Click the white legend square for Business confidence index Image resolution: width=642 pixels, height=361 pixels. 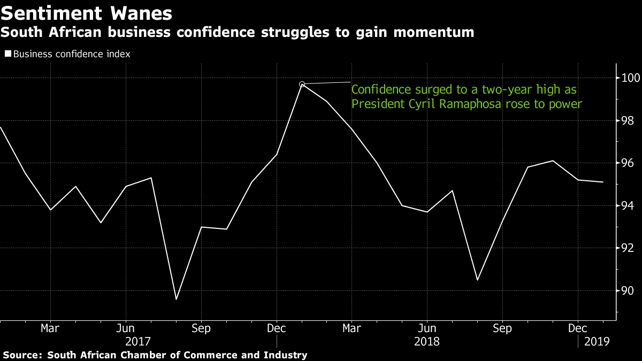[x=7, y=54]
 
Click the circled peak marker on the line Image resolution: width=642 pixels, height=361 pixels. [x=302, y=84]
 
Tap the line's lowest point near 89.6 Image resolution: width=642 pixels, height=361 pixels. [x=176, y=299]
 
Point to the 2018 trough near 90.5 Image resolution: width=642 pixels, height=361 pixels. [x=477, y=280]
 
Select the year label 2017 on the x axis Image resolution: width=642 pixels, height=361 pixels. [x=138, y=341]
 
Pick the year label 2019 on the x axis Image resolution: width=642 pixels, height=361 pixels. [x=596, y=341]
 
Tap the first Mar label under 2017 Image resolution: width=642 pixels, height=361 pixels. [x=50, y=327]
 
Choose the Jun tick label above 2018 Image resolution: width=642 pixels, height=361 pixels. [x=427, y=327]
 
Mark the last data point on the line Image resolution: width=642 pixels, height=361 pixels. [x=603, y=182]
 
